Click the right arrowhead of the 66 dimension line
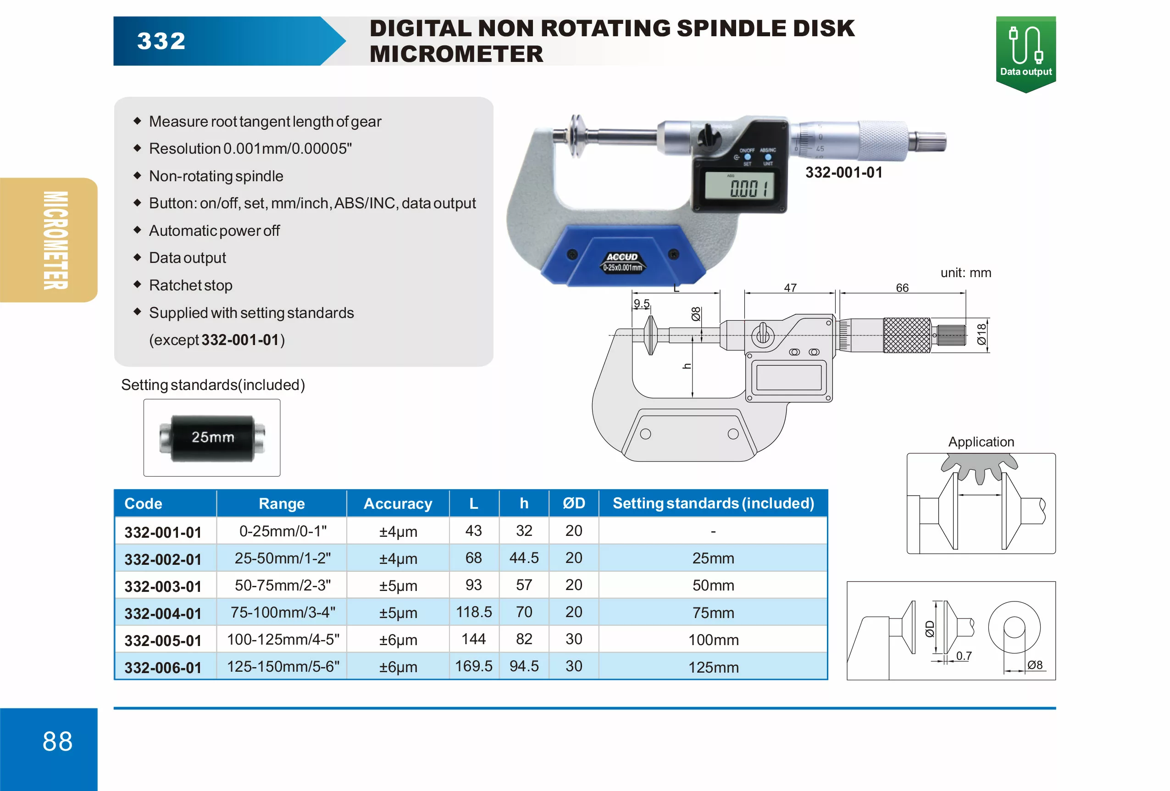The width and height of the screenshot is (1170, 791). (x=964, y=293)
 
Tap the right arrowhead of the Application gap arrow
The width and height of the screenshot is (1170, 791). (x=999, y=495)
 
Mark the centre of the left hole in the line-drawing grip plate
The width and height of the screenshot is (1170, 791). (x=645, y=434)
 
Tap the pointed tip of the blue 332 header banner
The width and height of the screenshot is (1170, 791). (x=346, y=41)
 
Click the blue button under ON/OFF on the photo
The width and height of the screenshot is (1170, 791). (x=748, y=157)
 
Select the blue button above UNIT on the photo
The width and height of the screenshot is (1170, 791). (x=768, y=157)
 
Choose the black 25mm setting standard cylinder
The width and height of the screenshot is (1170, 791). (x=212, y=438)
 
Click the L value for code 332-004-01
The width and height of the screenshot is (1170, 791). (x=474, y=612)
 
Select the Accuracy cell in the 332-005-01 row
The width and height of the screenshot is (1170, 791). (x=398, y=640)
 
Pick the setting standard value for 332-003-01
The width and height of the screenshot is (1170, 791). (x=713, y=585)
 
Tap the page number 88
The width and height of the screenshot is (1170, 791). (x=57, y=741)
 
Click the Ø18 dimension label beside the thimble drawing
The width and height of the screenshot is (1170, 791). (x=981, y=334)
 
